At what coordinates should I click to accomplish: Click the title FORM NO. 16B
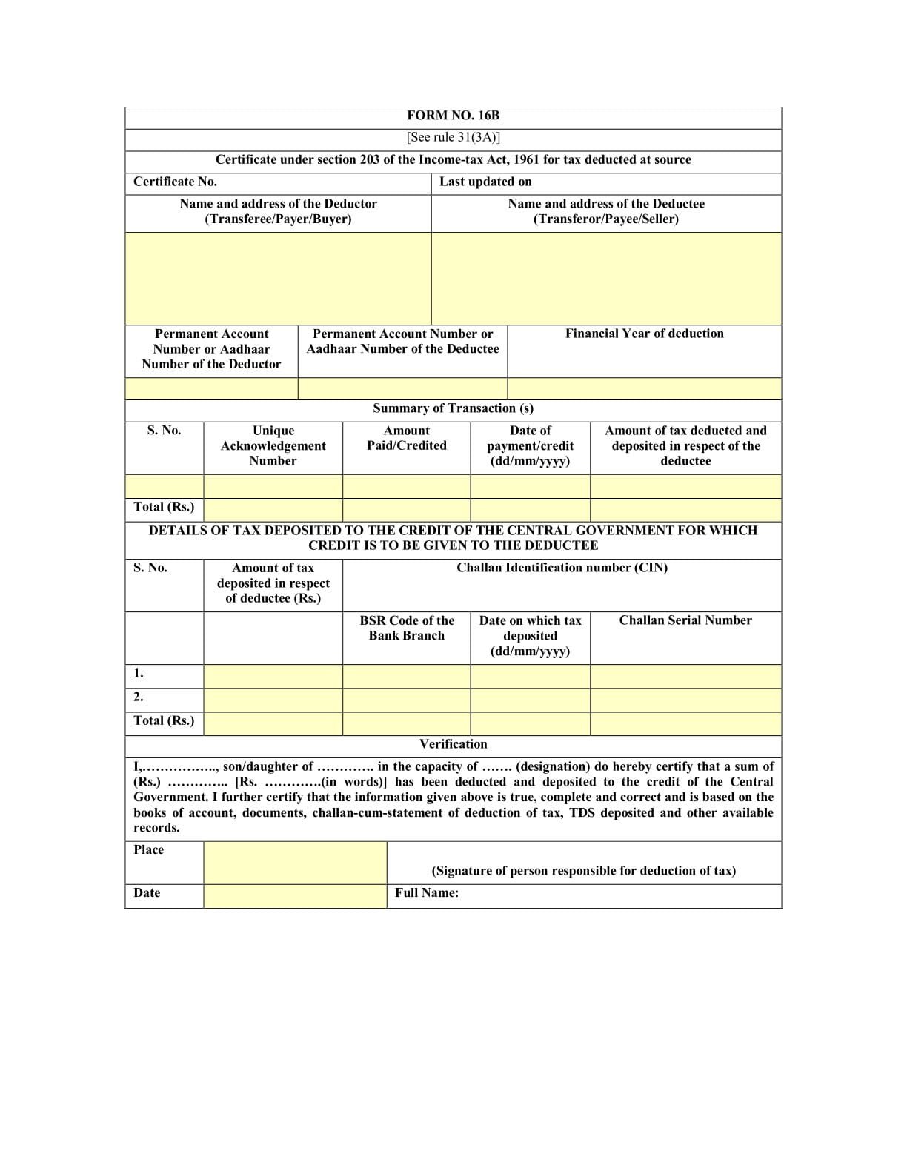(x=453, y=116)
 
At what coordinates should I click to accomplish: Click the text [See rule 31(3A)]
(x=453, y=137)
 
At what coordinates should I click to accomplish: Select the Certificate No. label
(x=175, y=182)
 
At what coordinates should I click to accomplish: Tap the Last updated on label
(x=485, y=182)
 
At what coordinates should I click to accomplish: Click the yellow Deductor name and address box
(x=278, y=278)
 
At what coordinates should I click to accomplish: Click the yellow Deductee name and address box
(x=606, y=278)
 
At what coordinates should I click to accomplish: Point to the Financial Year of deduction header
(x=644, y=334)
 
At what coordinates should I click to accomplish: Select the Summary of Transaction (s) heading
(x=453, y=408)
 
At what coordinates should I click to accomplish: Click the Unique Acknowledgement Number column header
(x=273, y=445)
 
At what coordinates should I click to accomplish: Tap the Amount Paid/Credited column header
(x=406, y=438)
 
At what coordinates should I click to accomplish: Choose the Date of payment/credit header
(x=530, y=445)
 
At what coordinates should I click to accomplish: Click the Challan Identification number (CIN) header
(x=562, y=568)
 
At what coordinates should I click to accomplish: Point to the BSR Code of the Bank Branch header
(x=406, y=628)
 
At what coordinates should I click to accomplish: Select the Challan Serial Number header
(x=685, y=620)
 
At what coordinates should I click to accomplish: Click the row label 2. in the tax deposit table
(x=139, y=697)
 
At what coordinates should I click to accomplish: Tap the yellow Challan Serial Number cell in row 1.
(x=685, y=676)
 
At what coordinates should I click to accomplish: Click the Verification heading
(x=453, y=744)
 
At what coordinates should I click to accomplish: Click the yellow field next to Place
(x=295, y=862)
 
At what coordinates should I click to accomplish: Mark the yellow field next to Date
(x=295, y=895)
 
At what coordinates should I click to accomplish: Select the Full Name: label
(x=426, y=893)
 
